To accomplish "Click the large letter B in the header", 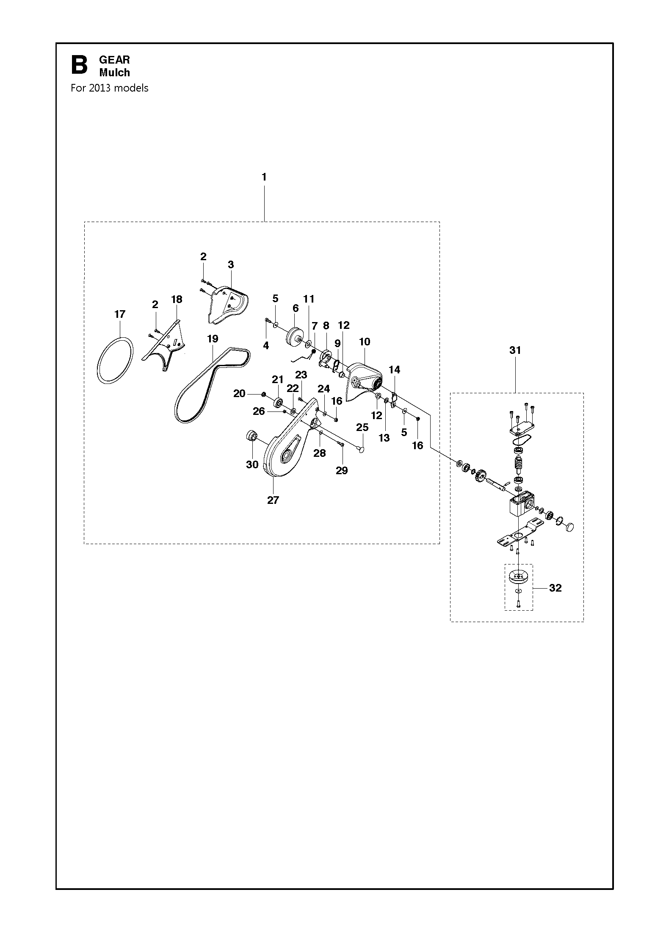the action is click(x=79, y=65).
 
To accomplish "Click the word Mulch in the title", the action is click(x=114, y=72).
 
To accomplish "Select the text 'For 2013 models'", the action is click(x=109, y=88).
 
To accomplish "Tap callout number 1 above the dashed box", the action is click(x=264, y=177).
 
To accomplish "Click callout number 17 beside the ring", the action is click(x=120, y=314).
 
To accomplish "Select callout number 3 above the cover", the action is click(x=231, y=264).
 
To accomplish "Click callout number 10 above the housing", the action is click(x=365, y=342).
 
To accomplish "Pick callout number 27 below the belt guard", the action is click(x=273, y=500).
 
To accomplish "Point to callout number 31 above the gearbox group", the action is click(x=515, y=350).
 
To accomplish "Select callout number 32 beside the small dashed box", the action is click(x=555, y=588).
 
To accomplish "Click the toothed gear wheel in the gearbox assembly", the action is click(x=480, y=476).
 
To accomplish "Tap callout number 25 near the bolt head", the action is click(x=362, y=427).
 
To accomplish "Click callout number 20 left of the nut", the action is click(x=239, y=394).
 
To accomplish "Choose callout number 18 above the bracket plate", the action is click(x=177, y=299).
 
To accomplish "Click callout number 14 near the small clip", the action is click(x=394, y=370).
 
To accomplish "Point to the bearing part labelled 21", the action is click(x=278, y=402).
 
